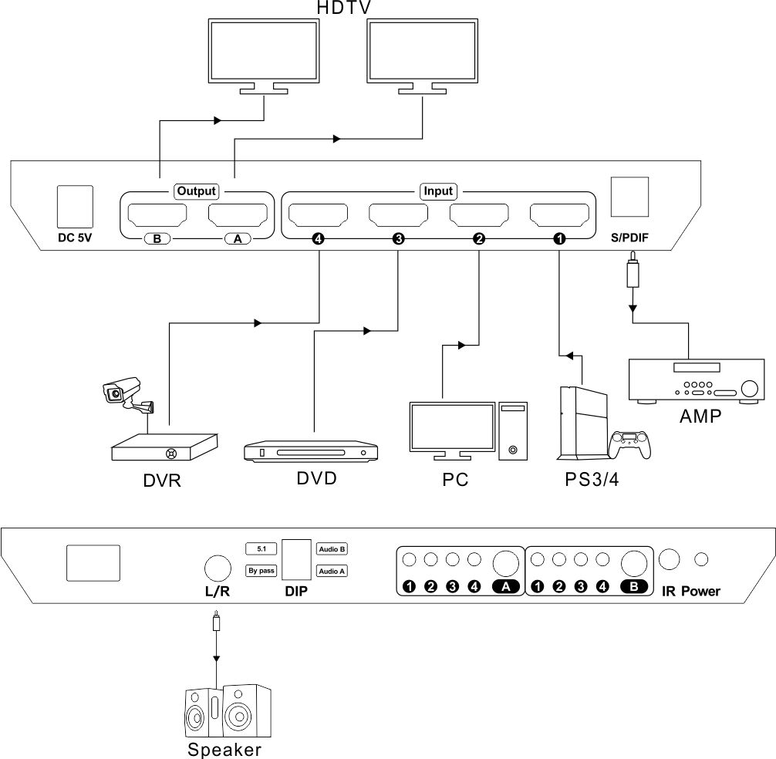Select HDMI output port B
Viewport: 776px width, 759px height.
point(157,214)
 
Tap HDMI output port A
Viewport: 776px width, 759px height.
point(237,214)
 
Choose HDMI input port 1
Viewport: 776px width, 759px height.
point(559,214)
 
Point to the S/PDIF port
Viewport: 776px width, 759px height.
point(629,197)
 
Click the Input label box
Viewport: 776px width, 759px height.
point(437,191)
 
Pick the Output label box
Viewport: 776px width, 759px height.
point(197,191)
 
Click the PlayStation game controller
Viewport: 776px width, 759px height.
point(631,444)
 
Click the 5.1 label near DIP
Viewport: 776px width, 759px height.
point(261,549)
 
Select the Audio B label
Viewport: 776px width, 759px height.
point(332,549)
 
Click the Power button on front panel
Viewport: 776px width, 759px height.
point(702,559)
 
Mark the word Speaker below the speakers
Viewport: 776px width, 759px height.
point(224,749)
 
